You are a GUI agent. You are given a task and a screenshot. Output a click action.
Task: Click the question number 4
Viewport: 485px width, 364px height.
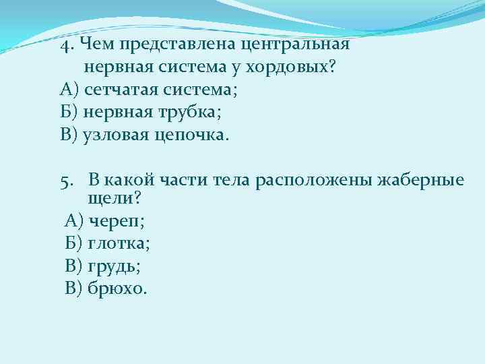pyautogui.click(x=65, y=45)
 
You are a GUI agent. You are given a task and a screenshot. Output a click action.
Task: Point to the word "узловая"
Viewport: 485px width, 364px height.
pyautogui.click(x=112, y=135)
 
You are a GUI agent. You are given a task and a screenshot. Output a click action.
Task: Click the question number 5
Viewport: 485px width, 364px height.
pyautogui.click(x=65, y=181)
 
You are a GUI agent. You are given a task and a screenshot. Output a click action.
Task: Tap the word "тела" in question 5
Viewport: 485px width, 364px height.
pyautogui.click(x=232, y=181)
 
